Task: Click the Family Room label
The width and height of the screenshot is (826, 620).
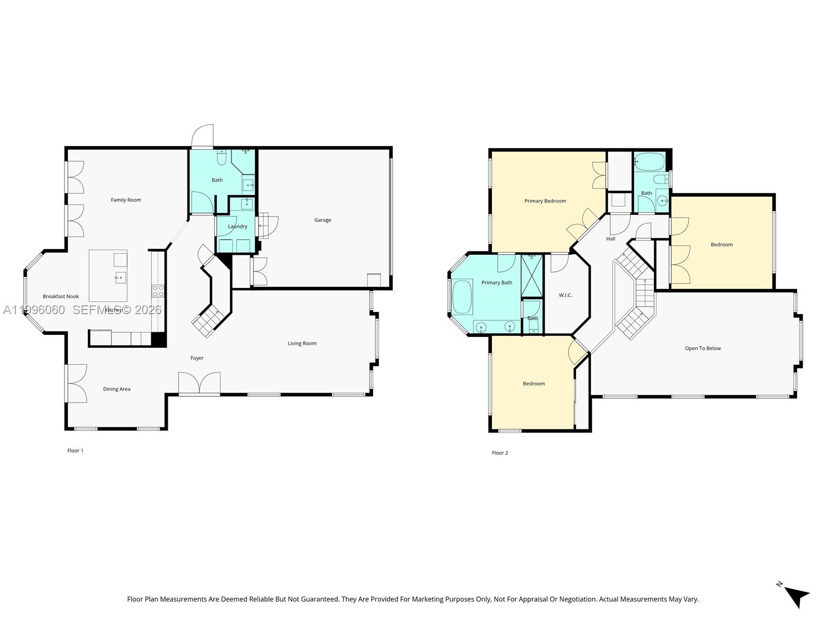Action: click(125, 200)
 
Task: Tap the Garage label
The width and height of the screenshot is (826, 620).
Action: click(323, 220)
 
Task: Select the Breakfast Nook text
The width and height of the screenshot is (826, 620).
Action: click(60, 297)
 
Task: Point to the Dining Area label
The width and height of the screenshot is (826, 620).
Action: click(117, 389)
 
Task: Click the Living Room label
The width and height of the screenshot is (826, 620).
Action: click(302, 344)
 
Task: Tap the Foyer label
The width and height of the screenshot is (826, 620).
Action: click(197, 358)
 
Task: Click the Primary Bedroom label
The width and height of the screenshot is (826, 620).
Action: click(545, 201)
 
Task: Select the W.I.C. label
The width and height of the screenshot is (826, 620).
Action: click(565, 296)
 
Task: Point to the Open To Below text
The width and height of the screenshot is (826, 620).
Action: click(703, 348)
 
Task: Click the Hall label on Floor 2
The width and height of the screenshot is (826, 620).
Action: click(611, 239)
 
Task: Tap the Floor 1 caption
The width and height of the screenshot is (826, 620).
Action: click(75, 451)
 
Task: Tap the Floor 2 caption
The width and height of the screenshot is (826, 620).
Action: click(500, 453)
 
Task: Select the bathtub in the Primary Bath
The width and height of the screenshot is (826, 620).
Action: click(462, 297)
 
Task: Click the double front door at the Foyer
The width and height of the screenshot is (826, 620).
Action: click(199, 383)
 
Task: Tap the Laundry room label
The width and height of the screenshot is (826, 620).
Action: click(237, 226)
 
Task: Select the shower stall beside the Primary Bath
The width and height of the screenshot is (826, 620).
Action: click(532, 275)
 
